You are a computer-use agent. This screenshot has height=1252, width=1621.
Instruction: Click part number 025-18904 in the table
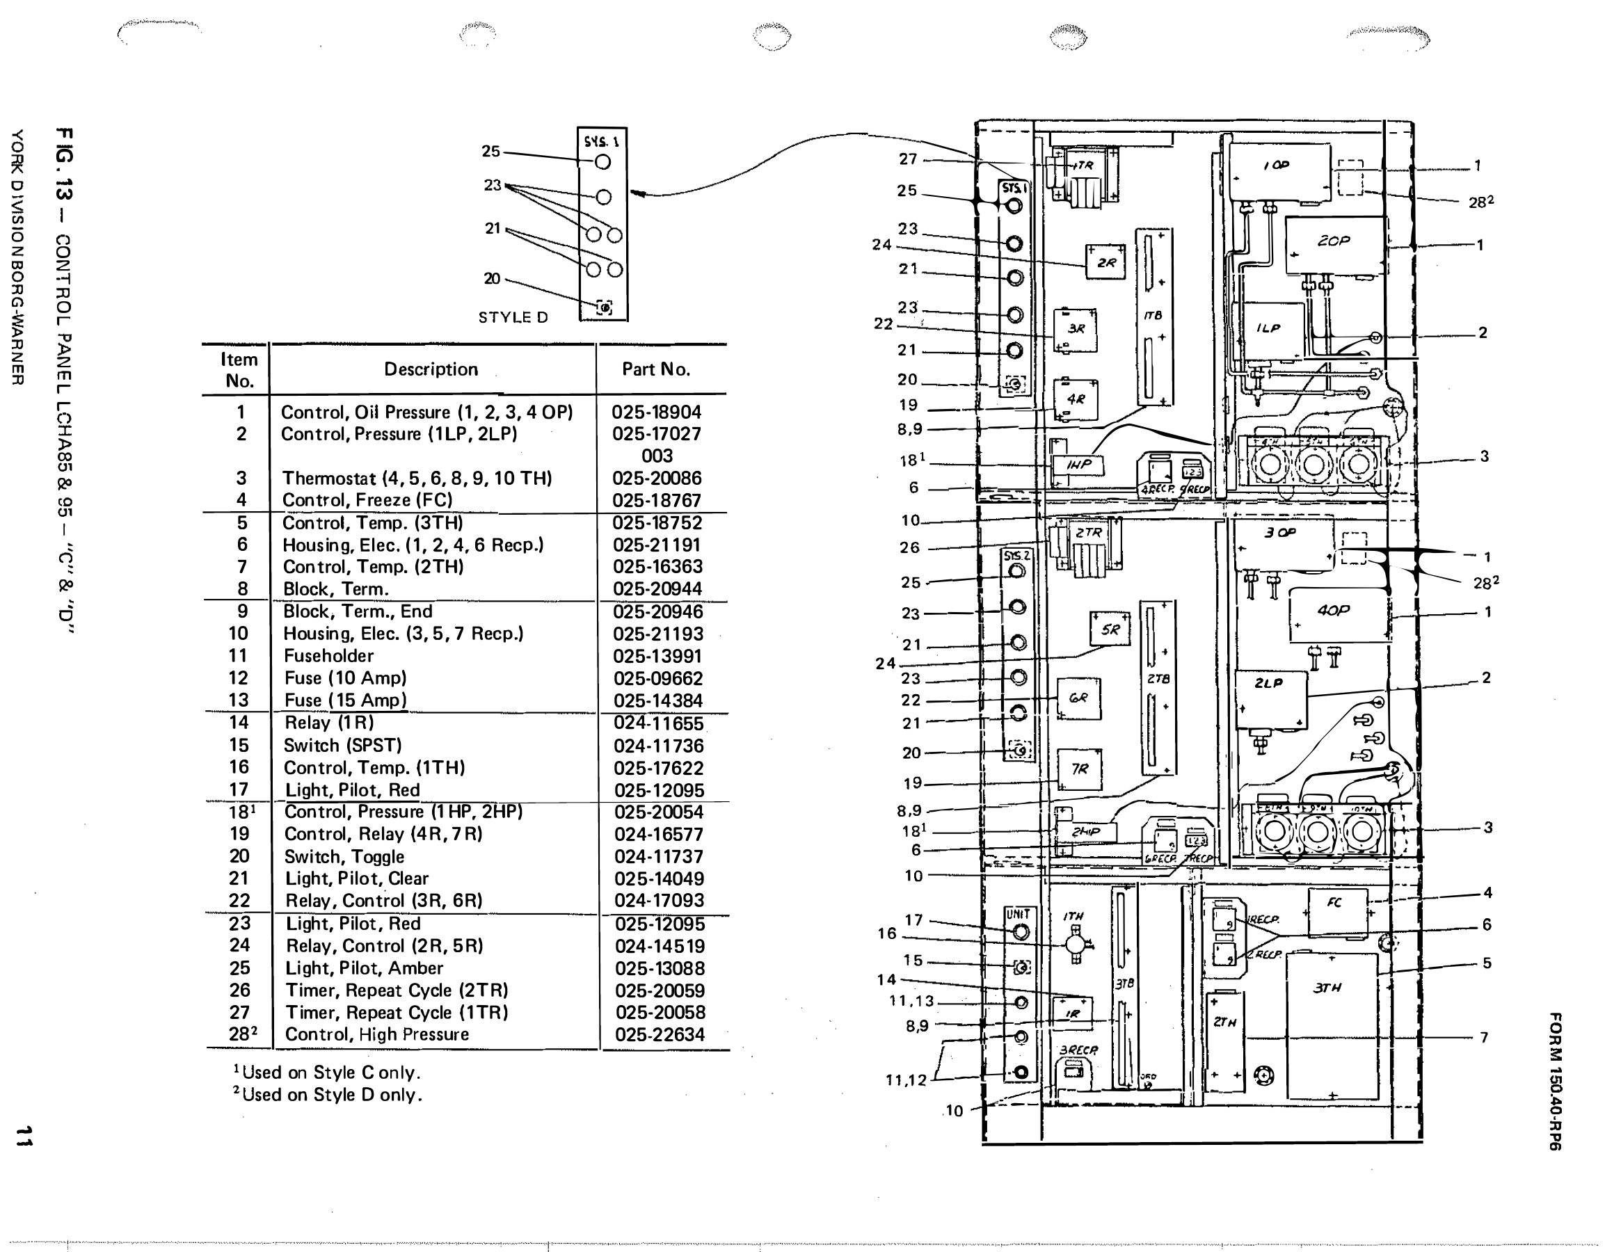coord(656,412)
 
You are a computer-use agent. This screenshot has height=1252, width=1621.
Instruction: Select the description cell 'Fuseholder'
coord(328,656)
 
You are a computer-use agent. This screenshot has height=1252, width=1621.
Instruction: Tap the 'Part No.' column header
coord(655,369)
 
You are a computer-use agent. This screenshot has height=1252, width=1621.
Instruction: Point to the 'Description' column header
coord(431,369)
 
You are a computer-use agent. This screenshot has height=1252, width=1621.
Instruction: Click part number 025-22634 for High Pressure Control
coord(659,1034)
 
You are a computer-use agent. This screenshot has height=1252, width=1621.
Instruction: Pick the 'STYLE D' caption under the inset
coord(513,318)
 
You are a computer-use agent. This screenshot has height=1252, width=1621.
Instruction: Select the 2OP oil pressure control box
coord(1334,245)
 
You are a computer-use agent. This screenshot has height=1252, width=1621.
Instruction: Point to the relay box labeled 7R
coord(1079,769)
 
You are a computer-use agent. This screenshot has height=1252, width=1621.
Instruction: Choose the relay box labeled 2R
coord(1105,262)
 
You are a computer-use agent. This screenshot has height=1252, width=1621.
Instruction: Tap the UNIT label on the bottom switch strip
coord(1017,915)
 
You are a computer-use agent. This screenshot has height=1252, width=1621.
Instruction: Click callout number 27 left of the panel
coord(909,159)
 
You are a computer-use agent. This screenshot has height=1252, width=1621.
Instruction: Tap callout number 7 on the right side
coord(1484,1037)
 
